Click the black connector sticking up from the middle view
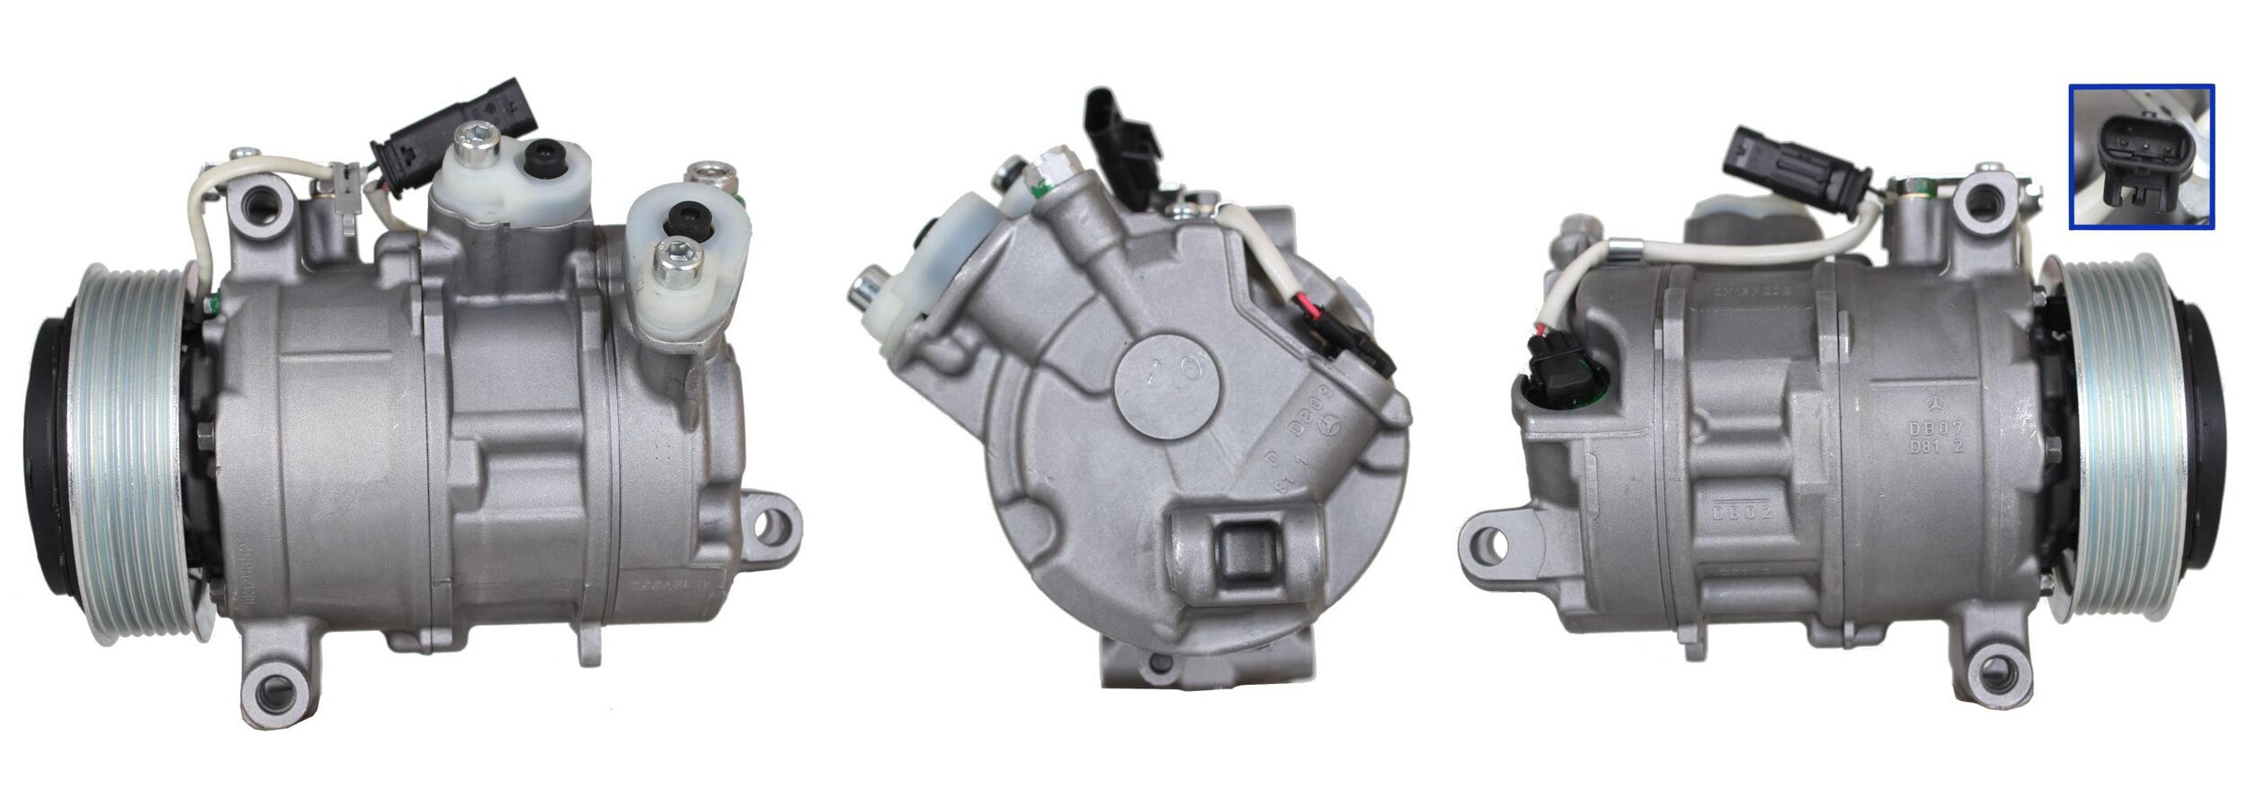tap(1120, 135)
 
